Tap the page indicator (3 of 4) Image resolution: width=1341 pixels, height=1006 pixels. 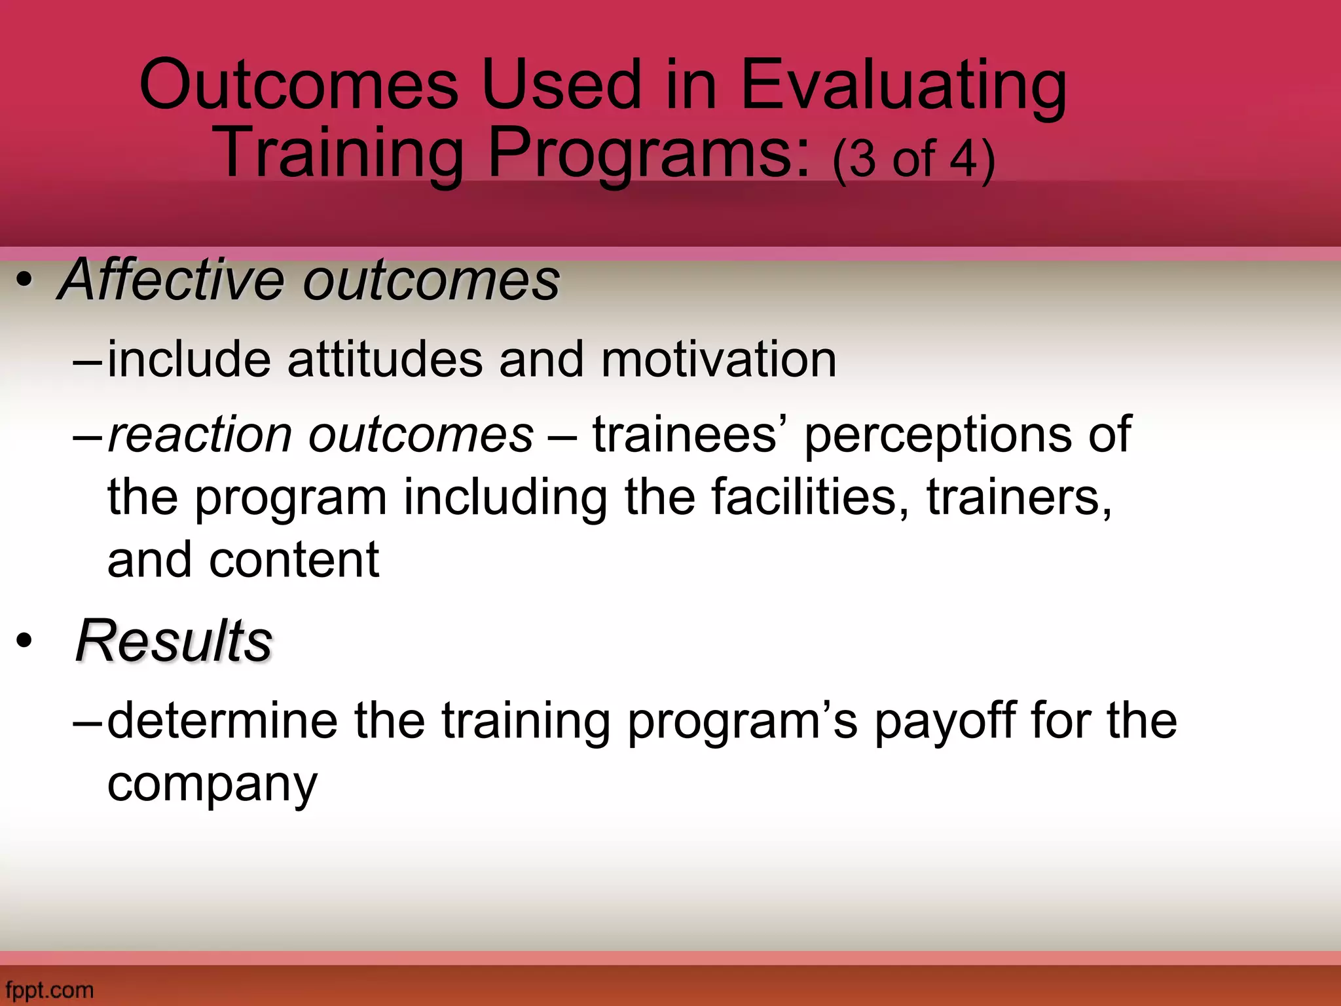click(x=913, y=159)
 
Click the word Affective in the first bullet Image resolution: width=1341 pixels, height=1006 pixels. click(x=172, y=280)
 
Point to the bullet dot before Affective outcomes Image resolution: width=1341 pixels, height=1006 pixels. click(x=24, y=282)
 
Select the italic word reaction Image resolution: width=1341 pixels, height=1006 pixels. click(x=200, y=435)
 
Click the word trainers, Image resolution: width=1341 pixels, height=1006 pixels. click(x=1019, y=498)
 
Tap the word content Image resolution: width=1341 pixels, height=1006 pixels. click(x=293, y=561)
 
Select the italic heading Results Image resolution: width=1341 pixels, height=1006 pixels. click(x=173, y=641)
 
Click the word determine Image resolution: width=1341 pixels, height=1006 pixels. click(x=222, y=720)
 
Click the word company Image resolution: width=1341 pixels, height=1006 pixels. click(x=211, y=785)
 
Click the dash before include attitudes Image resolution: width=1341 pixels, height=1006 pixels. click(x=88, y=361)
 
